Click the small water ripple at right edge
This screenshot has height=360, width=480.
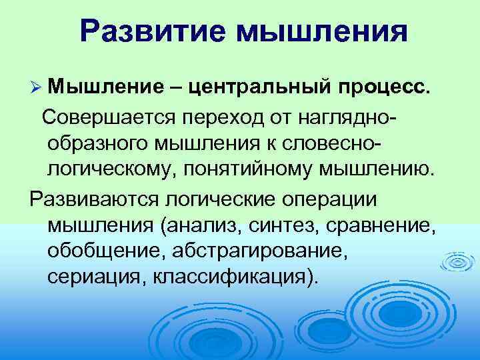point(458,262)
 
